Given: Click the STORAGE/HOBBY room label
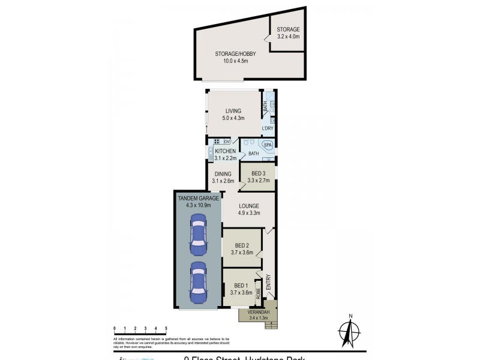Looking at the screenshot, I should [x=232, y=53].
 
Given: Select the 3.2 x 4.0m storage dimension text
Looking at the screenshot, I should [x=288, y=37].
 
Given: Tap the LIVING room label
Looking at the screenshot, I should [x=233, y=111].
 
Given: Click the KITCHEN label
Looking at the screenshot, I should [x=225, y=151].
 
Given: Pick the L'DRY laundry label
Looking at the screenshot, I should [x=267, y=128].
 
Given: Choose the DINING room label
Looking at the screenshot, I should [x=223, y=174].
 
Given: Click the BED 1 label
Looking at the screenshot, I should [x=241, y=286].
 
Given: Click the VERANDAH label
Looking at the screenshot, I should [x=260, y=312].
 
